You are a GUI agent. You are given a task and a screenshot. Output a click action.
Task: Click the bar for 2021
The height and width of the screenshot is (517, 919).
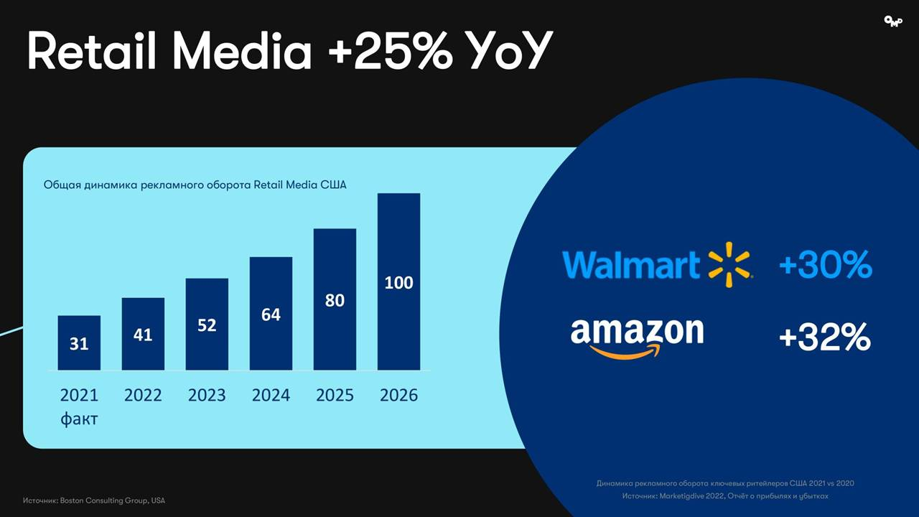pyautogui.click(x=79, y=343)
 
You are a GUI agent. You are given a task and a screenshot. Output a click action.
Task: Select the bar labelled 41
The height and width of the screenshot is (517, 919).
pyautogui.click(x=143, y=334)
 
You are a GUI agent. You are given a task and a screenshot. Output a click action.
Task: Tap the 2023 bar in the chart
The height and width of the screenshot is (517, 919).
pyautogui.click(x=207, y=324)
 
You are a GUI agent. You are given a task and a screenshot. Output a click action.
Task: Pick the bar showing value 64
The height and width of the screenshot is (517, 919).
pyautogui.click(x=271, y=313)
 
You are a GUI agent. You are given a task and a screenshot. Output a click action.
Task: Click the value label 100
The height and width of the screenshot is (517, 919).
pyautogui.click(x=398, y=282)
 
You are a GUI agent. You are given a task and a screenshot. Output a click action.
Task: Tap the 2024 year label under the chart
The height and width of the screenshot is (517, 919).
pyautogui.click(x=271, y=395)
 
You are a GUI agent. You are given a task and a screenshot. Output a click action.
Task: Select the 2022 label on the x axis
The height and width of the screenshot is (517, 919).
pyautogui.click(x=143, y=395)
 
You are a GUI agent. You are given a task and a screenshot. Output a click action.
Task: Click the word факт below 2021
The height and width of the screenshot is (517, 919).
pyautogui.click(x=79, y=419)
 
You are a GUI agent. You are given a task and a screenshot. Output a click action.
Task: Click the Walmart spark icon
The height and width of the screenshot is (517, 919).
pyautogui.click(x=729, y=264)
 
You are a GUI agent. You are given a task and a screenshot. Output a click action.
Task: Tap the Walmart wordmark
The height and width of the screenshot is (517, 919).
pyautogui.click(x=630, y=264)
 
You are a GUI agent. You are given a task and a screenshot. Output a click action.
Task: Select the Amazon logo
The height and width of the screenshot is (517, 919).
pyautogui.click(x=637, y=336)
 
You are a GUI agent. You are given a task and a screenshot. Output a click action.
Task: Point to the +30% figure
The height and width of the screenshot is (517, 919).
pyautogui.click(x=825, y=265)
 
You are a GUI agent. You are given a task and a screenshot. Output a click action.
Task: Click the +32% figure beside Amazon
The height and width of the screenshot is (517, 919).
pyautogui.click(x=824, y=336)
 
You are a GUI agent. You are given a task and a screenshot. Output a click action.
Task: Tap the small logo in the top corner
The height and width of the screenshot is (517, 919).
pyautogui.click(x=892, y=22)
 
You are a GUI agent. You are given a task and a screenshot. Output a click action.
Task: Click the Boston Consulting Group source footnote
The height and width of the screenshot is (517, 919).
pyautogui.click(x=93, y=500)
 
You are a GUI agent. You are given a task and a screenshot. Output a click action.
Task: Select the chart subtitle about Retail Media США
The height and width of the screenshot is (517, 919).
pyautogui.click(x=195, y=185)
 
